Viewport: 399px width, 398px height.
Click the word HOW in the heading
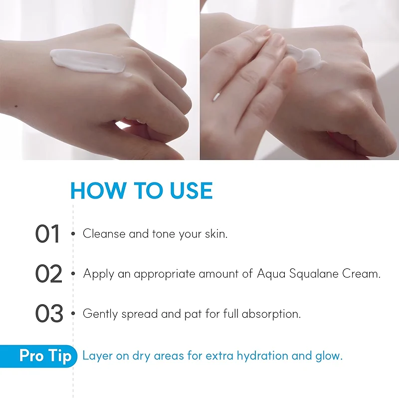98,191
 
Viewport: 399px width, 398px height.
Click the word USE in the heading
191,191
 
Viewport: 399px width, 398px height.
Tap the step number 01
47,233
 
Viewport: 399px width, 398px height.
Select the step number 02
48,273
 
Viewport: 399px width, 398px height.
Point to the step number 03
49,313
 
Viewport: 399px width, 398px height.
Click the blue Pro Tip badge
38,356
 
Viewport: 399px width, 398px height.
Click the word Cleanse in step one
104,233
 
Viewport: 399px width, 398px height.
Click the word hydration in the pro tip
262,356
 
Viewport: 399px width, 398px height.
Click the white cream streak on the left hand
88,61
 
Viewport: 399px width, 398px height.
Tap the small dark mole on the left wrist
16,106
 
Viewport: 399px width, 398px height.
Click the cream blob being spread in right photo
305,59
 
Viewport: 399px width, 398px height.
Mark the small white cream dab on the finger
216,97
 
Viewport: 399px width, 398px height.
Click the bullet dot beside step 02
73,273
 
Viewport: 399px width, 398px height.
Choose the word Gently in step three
100,314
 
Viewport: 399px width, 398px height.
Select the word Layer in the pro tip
97,356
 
